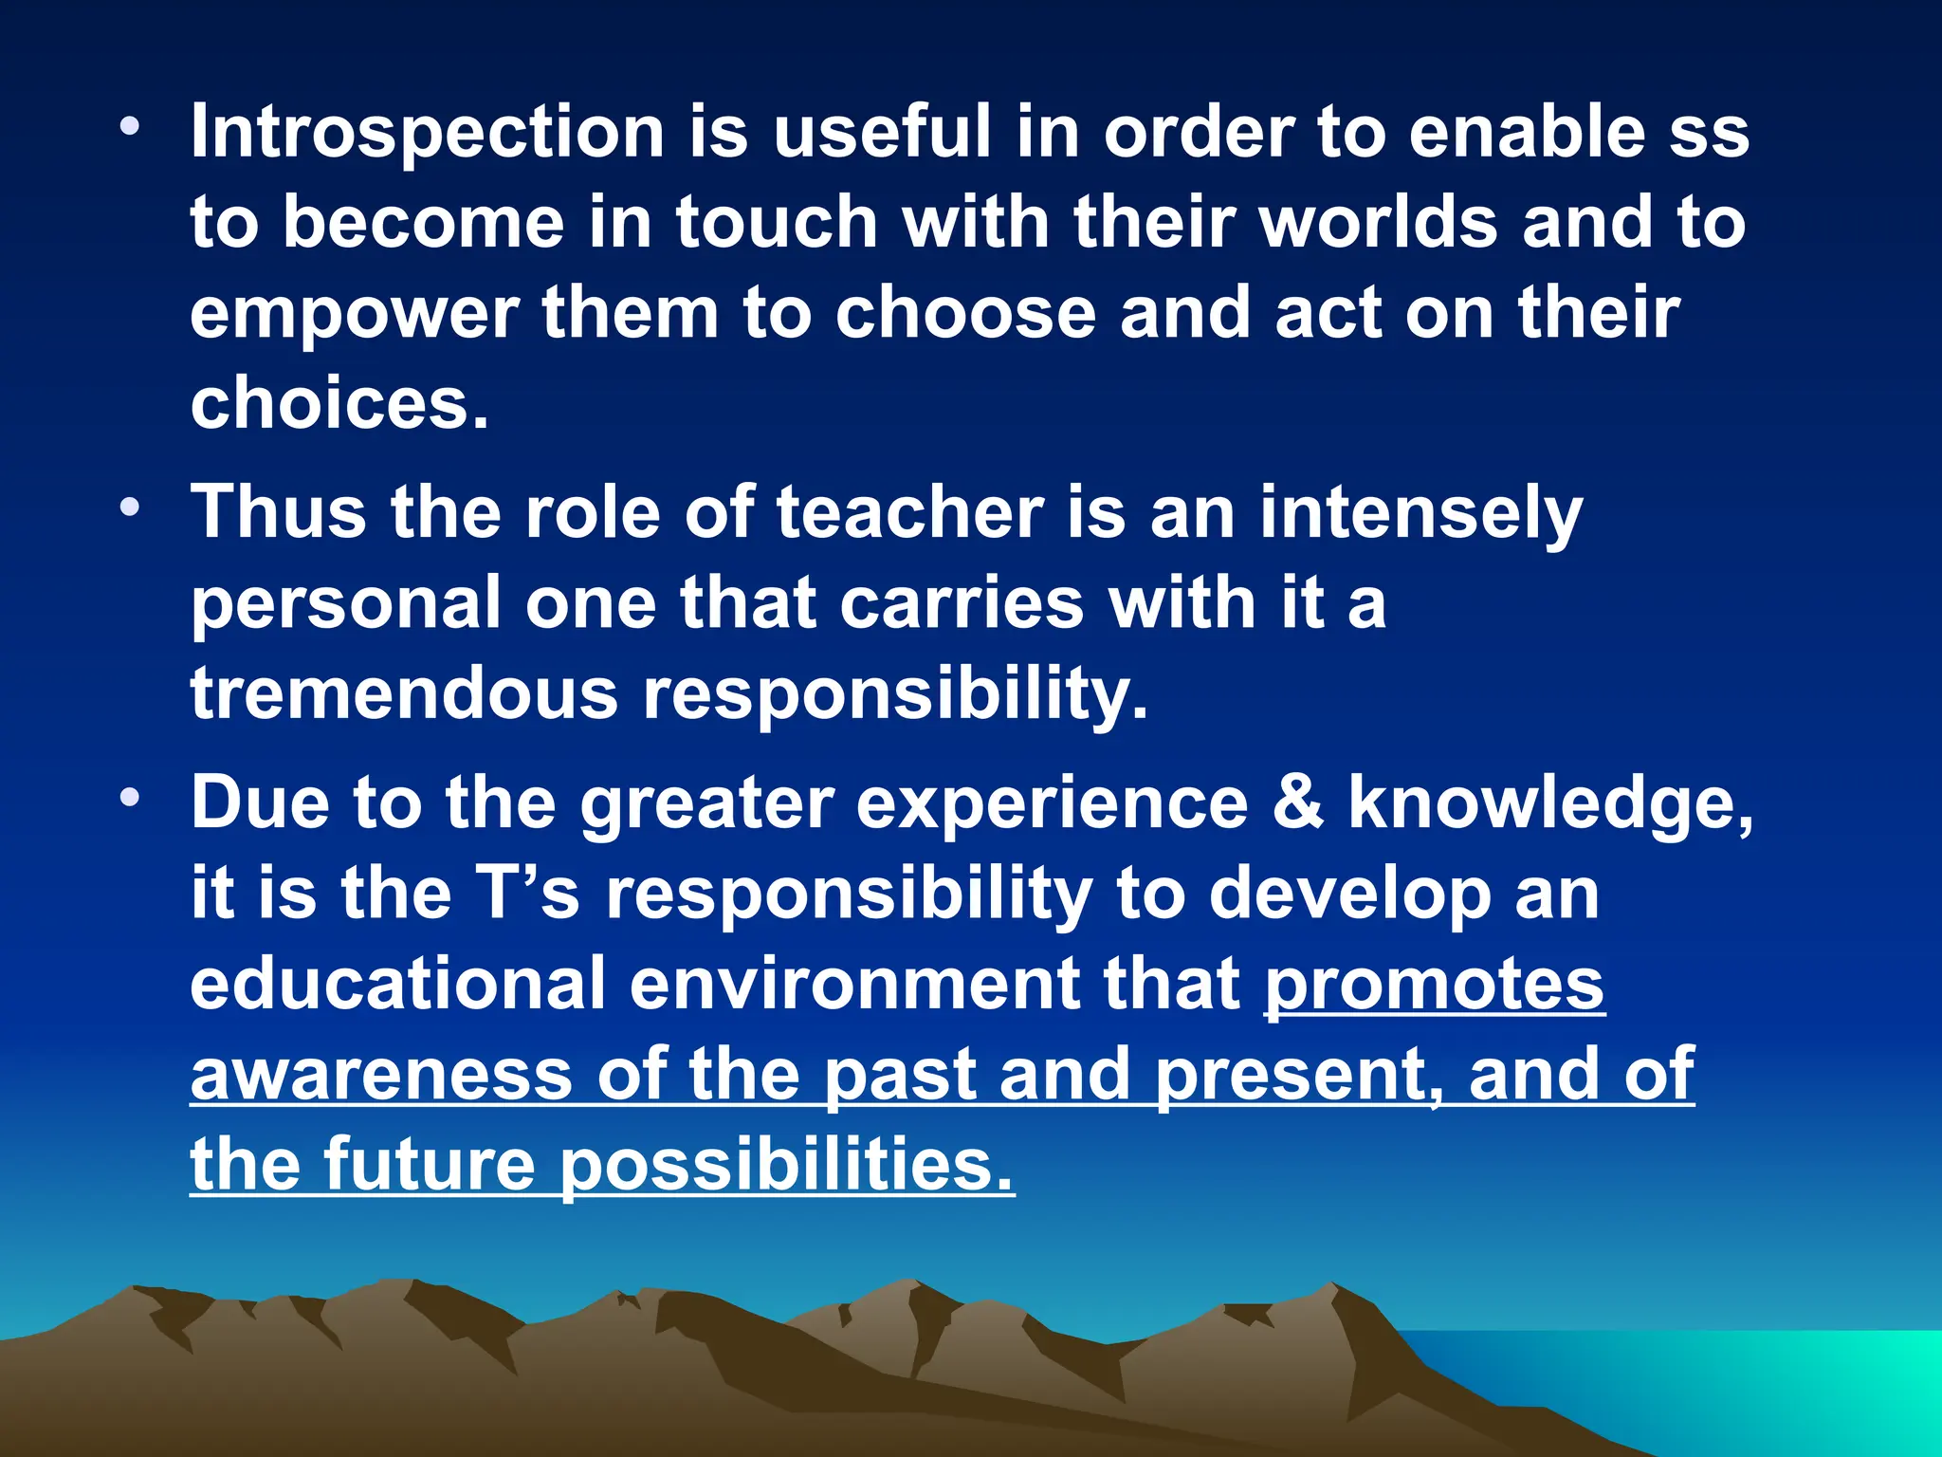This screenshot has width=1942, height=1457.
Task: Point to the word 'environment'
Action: pyautogui.click(x=853, y=984)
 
